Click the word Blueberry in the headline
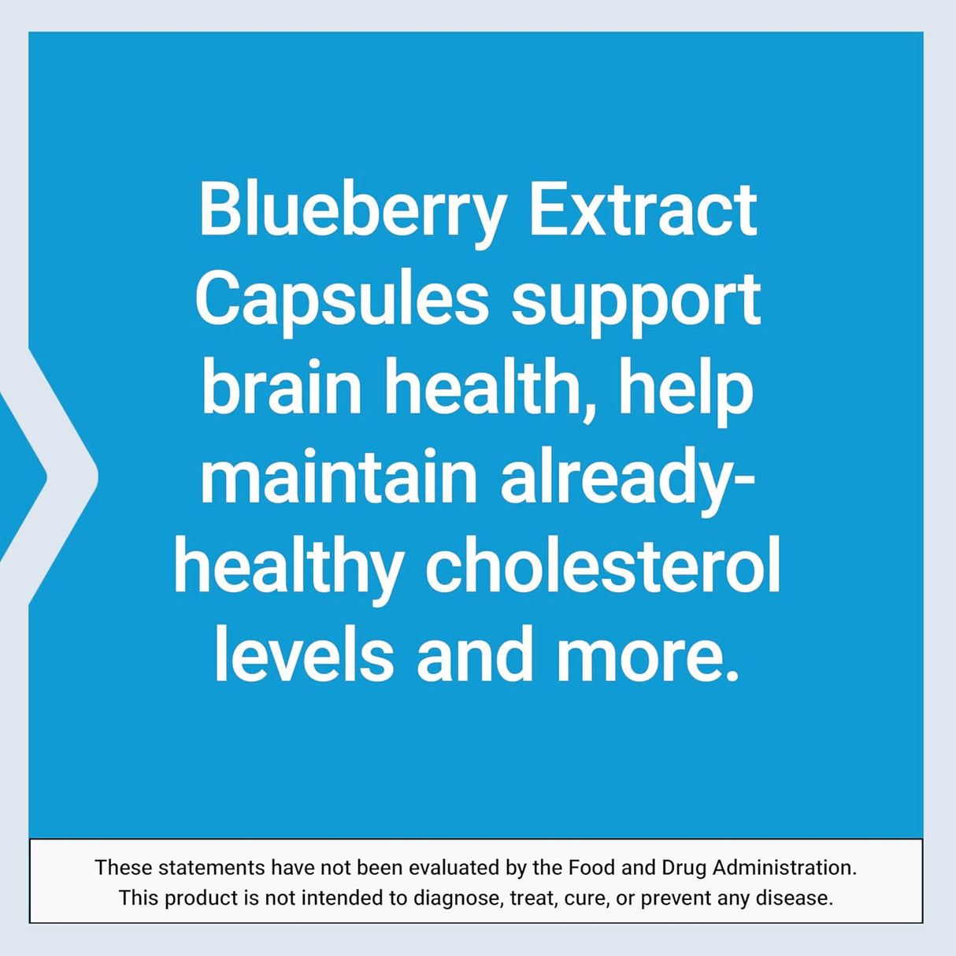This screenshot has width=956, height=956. click(352, 211)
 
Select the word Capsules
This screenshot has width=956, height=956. click(343, 300)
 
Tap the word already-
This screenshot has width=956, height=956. click(628, 479)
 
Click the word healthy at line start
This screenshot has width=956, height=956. click(289, 568)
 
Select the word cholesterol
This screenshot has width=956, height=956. click(602, 566)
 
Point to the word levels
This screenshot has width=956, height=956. click(303, 655)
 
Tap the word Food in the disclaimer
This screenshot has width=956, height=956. click(592, 868)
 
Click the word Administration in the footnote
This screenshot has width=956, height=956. click(784, 868)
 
